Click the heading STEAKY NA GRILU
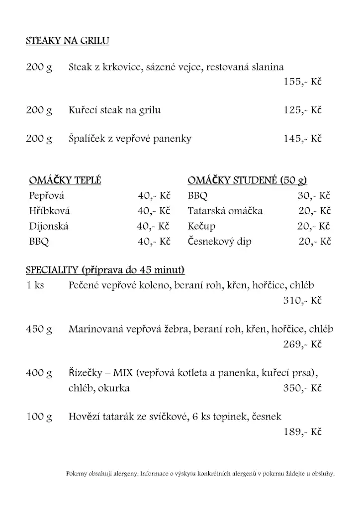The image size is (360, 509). pyautogui.click(x=67, y=41)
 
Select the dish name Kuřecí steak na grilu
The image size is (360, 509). pyautogui.click(x=114, y=110)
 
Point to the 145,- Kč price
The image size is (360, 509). pyautogui.click(x=302, y=139)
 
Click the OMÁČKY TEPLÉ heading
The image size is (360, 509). pyautogui.click(x=65, y=180)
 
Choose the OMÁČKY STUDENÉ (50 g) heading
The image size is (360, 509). pyautogui.click(x=247, y=180)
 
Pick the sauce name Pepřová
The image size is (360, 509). pyautogui.click(x=47, y=196)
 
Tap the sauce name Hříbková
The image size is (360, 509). pyautogui.click(x=50, y=211)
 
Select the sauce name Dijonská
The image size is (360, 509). pyautogui.click(x=49, y=226)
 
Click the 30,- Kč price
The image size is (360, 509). pyautogui.click(x=314, y=196)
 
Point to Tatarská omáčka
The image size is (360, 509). pyautogui.click(x=225, y=211)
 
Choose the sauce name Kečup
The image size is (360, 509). pyautogui.click(x=201, y=226)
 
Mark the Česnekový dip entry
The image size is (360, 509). pyautogui.click(x=219, y=242)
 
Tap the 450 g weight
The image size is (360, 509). pyautogui.click(x=39, y=329)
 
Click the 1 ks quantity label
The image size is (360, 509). pyautogui.click(x=35, y=286)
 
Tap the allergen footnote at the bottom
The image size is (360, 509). pyautogui.click(x=200, y=474)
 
